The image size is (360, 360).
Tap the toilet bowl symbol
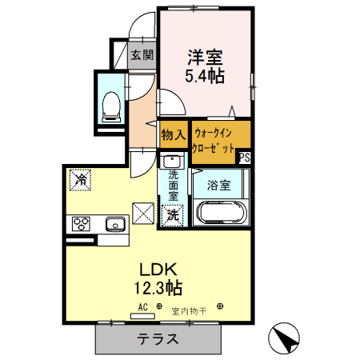112,103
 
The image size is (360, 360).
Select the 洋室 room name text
206,58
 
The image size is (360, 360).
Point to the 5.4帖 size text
206,76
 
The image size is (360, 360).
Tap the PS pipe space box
244,158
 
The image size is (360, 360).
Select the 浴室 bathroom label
219,186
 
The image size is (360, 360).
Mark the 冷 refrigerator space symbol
80,179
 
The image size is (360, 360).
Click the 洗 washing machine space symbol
173,214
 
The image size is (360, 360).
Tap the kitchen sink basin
114,224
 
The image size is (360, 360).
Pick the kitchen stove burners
82,223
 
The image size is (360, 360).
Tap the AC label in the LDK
142,306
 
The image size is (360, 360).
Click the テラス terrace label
157,338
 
